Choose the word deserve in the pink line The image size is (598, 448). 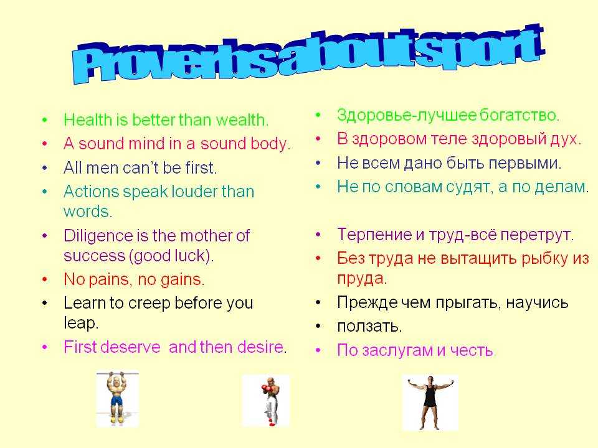point(130,347)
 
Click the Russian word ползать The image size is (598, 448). point(368,327)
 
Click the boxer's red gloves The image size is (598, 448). point(265,390)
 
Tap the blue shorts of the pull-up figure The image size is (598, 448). point(116,401)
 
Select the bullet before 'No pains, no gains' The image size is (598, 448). point(45,279)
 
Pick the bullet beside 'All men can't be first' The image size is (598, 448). point(45,167)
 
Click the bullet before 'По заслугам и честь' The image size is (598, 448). point(318,350)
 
